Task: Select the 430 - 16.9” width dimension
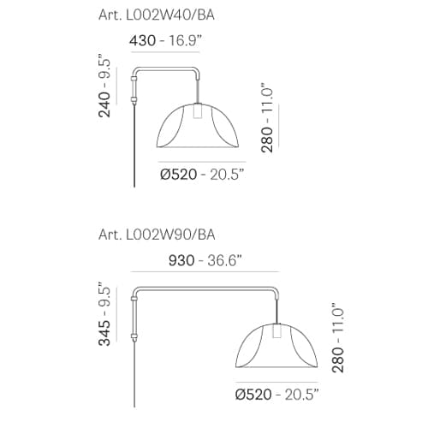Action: (x=165, y=40)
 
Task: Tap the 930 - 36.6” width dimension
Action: (x=205, y=260)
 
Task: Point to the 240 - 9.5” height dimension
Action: (x=104, y=86)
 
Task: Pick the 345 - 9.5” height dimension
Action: (x=104, y=314)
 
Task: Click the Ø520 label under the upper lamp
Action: (x=178, y=175)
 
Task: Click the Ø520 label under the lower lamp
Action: (x=253, y=395)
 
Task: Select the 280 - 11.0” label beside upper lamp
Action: (x=267, y=118)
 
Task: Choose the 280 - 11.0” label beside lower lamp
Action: (x=338, y=338)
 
